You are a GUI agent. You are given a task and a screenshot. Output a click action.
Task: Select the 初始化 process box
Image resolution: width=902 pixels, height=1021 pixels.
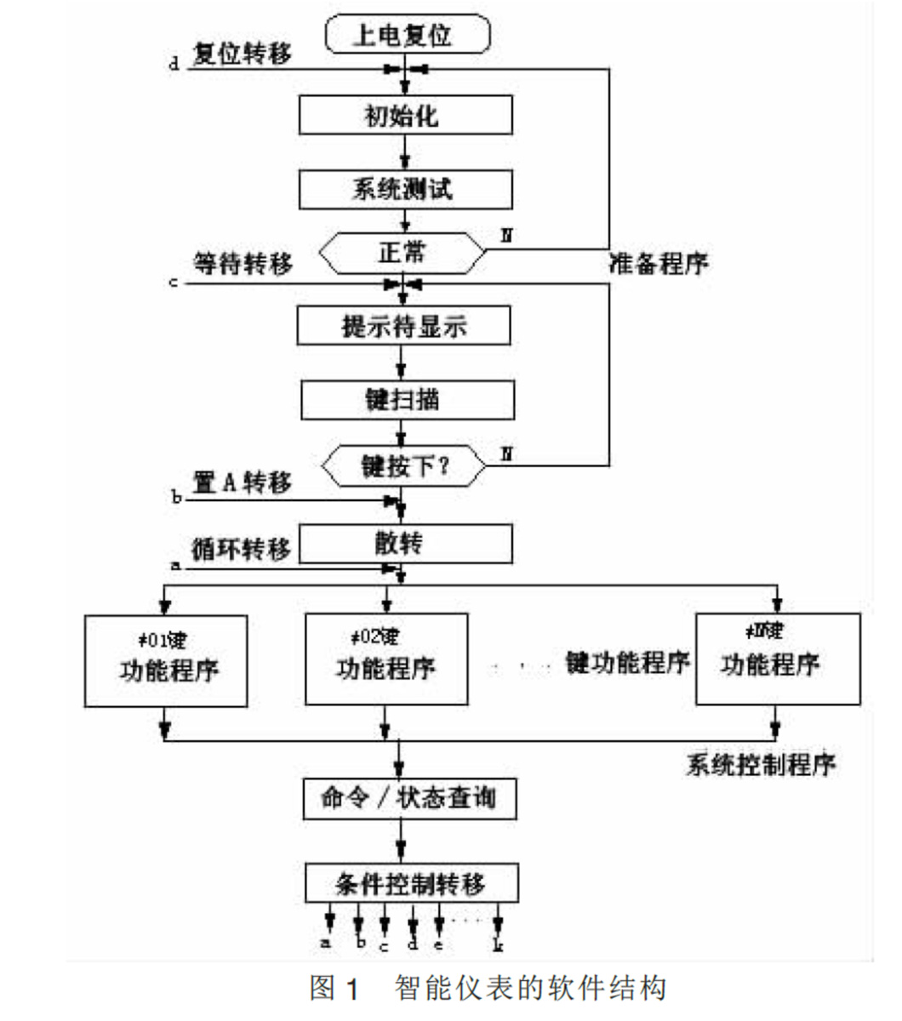pyautogui.click(x=405, y=115)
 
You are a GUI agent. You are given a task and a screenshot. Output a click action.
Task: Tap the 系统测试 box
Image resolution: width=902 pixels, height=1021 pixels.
pyautogui.click(x=405, y=189)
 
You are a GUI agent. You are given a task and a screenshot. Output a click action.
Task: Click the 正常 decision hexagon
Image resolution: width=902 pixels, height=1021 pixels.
pyautogui.click(x=402, y=253)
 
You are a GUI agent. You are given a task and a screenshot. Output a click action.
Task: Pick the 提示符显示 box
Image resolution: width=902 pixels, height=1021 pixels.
pyautogui.click(x=404, y=325)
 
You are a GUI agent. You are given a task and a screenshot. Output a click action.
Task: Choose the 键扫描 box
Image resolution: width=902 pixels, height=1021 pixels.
pyautogui.click(x=407, y=399)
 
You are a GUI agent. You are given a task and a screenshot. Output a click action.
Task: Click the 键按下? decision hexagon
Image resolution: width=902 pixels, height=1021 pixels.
pyautogui.click(x=403, y=466)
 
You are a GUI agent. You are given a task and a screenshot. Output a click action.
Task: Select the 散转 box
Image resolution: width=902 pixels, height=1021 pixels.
pyautogui.click(x=405, y=543)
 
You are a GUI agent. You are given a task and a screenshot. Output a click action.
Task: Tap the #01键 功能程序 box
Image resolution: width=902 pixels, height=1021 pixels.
pyautogui.click(x=167, y=660)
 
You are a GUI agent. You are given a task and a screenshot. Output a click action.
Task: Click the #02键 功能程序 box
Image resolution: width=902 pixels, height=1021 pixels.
pyautogui.click(x=386, y=659)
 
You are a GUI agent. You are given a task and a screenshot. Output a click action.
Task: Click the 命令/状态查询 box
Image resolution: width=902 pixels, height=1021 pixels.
pyautogui.click(x=409, y=798)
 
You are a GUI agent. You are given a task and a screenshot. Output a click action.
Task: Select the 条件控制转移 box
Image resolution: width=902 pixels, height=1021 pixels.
pyautogui.click(x=411, y=883)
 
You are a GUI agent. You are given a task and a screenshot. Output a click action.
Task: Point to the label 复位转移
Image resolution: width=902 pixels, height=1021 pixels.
pyautogui.click(x=242, y=54)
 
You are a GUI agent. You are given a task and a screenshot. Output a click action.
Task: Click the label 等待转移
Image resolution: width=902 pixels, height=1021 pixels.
pyautogui.click(x=243, y=264)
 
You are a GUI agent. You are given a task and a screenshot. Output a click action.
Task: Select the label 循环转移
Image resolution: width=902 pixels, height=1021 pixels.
pyautogui.click(x=241, y=549)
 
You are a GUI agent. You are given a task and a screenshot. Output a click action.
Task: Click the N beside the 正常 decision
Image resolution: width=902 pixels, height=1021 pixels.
pyautogui.click(x=506, y=235)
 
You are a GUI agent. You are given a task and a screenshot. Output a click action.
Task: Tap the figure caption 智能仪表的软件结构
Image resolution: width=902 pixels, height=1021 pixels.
pyautogui.click(x=529, y=989)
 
